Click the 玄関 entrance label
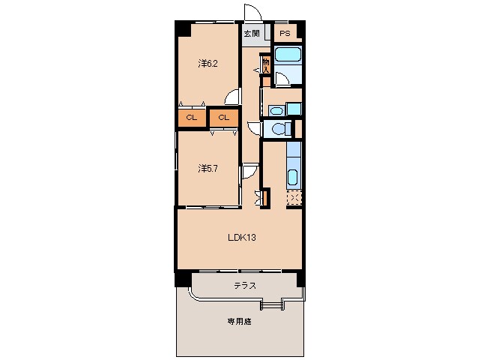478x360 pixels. click(251, 34)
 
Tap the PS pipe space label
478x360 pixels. click(285, 34)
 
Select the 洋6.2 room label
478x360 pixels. click(208, 63)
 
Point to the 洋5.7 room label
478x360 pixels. click(208, 168)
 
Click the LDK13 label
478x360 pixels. click(243, 238)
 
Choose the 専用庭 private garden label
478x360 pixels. click(240, 321)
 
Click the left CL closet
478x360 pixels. click(191, 118)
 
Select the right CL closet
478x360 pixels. click(223, 118)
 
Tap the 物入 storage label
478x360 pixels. click(266, 64)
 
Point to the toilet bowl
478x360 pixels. click(279, 129)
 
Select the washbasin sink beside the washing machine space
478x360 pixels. click(276, 110)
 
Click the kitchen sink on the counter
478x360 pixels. click(293, 178)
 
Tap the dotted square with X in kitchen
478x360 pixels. click(294, 199)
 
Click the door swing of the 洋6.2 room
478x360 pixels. click(234, 97)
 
